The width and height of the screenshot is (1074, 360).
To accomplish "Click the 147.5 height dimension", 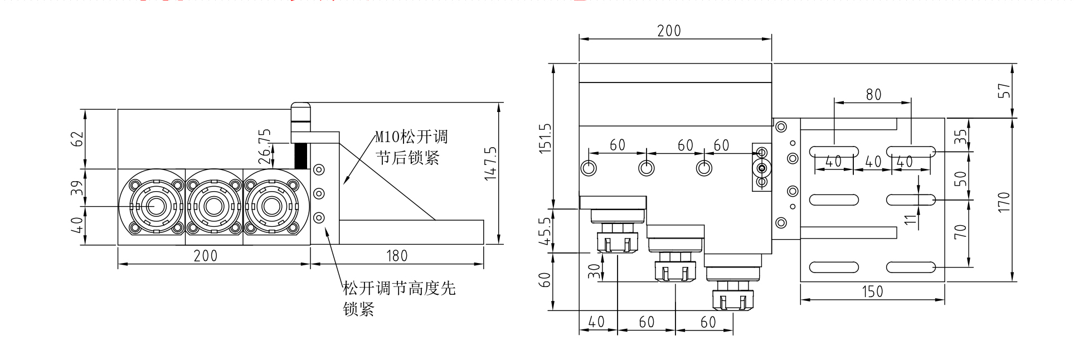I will click(x=490, y=163).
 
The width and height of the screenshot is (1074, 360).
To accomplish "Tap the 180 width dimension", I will click(x=397, y=256).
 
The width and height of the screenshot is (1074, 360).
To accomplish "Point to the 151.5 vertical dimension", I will click(x=545, y=138).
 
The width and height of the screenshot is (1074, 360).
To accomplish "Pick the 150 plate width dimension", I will click(x=872, y=291).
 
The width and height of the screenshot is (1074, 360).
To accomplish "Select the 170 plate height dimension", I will click(x=1004, y=201).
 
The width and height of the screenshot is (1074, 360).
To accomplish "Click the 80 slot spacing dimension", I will click(x=873, y=95).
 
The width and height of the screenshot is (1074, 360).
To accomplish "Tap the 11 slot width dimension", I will click(x=910, y=219).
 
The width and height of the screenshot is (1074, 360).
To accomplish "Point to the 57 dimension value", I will click(x=1004, y=91).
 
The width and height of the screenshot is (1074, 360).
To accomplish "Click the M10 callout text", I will click(x=411, y=137).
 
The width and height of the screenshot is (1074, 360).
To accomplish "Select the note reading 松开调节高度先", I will click(x=399, y=288).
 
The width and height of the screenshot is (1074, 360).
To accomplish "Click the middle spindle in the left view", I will click(x=213, y=207).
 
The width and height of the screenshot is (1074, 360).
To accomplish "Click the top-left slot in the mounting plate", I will click(x=834, y=150).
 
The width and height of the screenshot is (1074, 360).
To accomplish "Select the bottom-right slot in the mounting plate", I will click(x=911, y=267).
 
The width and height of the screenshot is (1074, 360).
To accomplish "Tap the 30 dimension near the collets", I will click(x=595, y=271).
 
